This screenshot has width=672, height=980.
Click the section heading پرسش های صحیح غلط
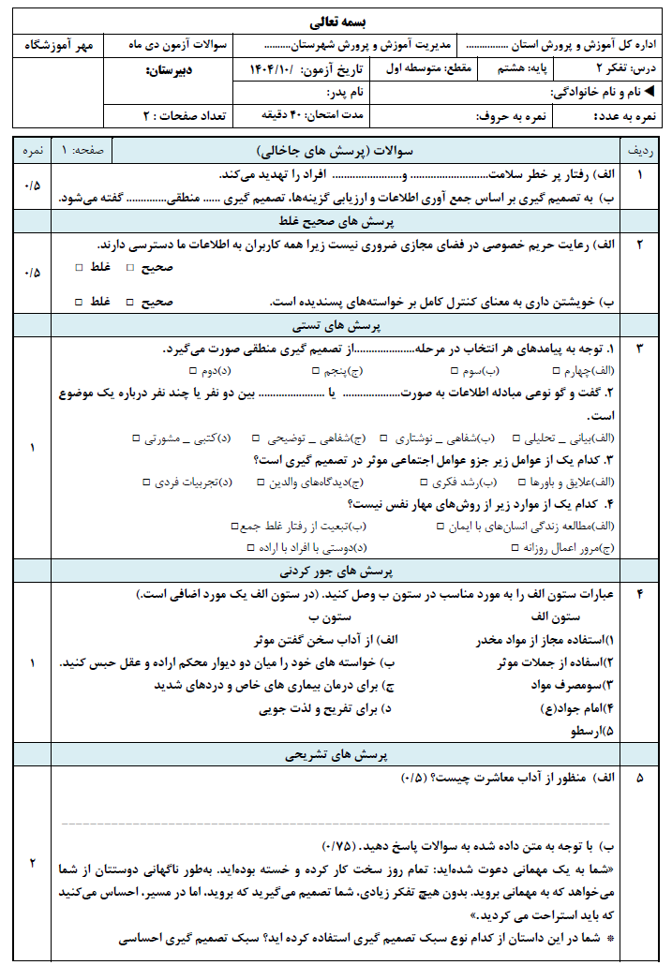(336, 221)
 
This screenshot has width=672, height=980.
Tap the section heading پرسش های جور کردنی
(336, 571)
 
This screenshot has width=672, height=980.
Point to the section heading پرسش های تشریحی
(336, 753)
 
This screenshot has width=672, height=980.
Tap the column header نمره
(32, 151)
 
